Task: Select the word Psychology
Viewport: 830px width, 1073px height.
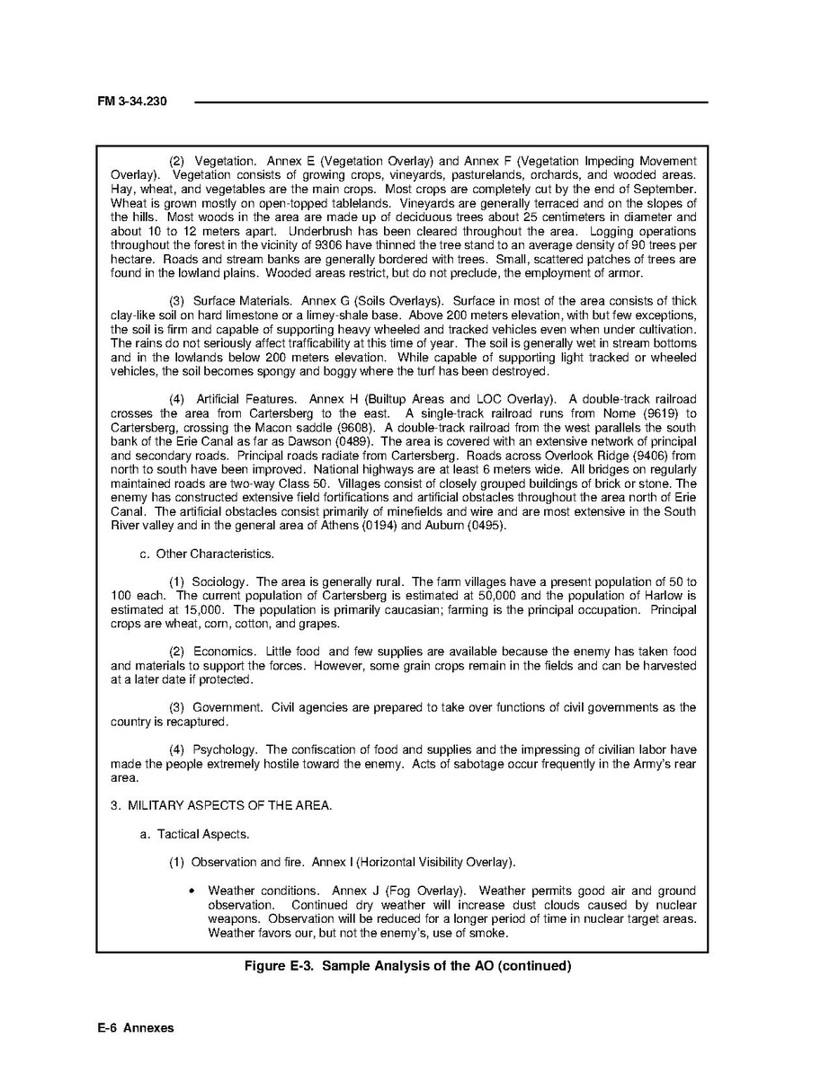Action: (x=228, y=749)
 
